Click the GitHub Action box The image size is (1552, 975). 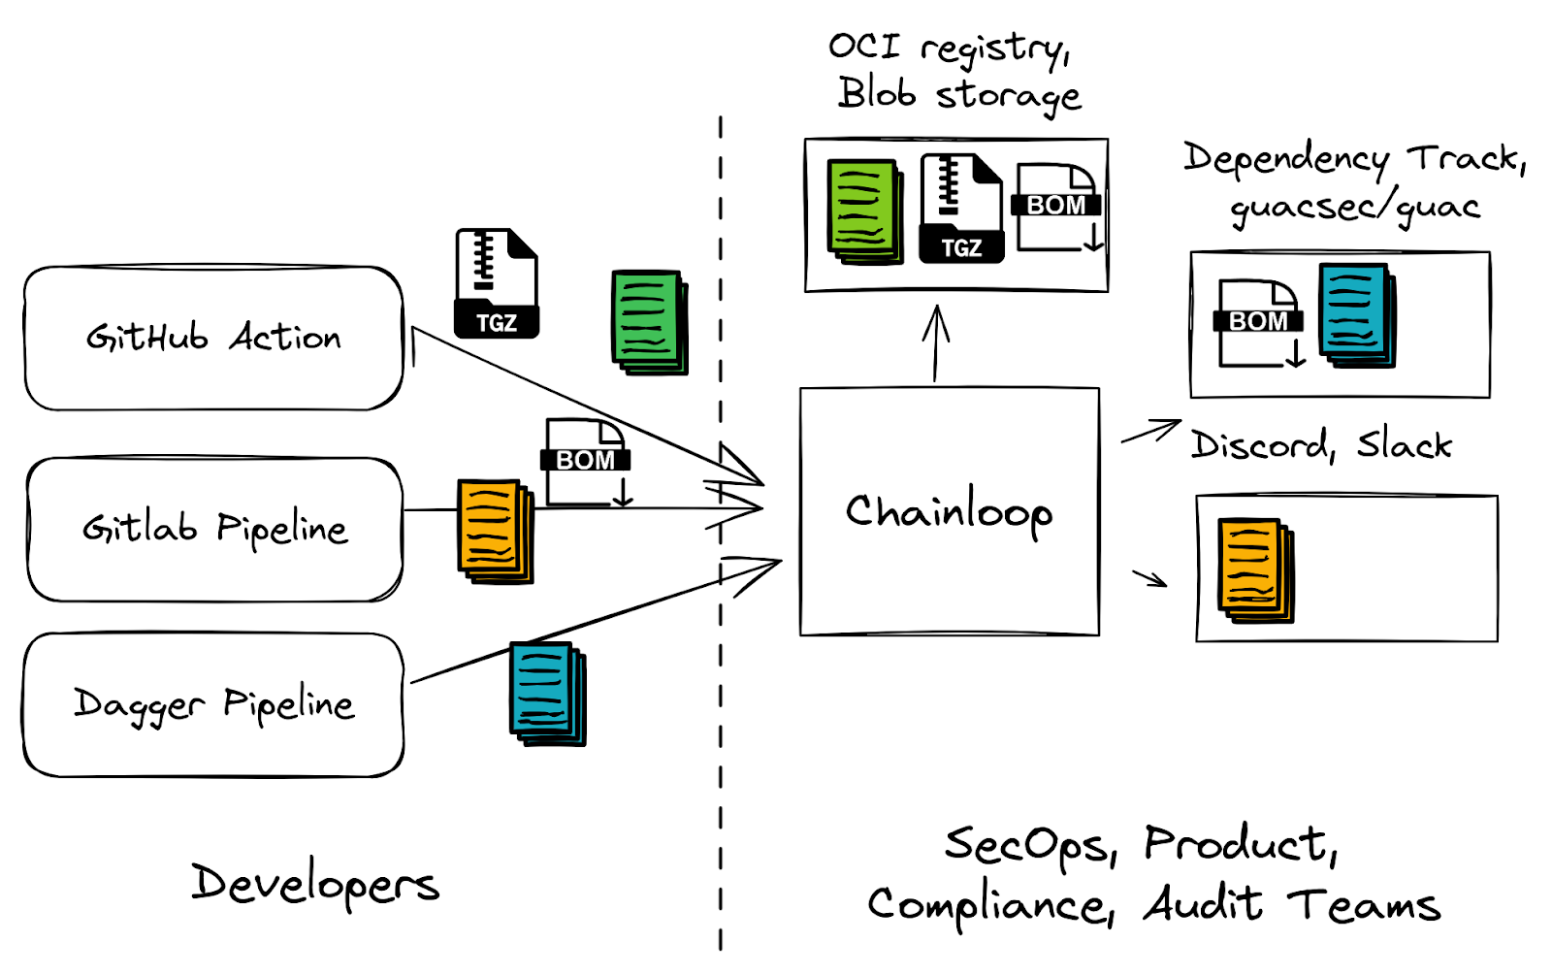click(213, 338)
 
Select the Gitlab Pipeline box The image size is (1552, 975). click(214, 529)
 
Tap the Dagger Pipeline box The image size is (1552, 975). click(213, 704)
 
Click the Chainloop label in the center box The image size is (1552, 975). click(949, 511)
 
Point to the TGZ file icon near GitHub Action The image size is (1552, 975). click(496, 283)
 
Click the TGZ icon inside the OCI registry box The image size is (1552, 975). click(960, 209)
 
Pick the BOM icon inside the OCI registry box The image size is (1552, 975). click(1058, 207)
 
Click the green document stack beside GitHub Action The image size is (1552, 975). click(649, 322)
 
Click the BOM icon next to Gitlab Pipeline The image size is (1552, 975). click(586, 462)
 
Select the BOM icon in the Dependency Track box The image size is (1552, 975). click(1258, 323)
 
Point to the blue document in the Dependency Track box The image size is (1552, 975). click(1356, 315)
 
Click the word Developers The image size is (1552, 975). click(315, 884)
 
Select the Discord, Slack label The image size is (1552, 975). click(1321, 445)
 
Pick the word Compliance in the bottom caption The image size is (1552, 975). click(989, 905)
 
